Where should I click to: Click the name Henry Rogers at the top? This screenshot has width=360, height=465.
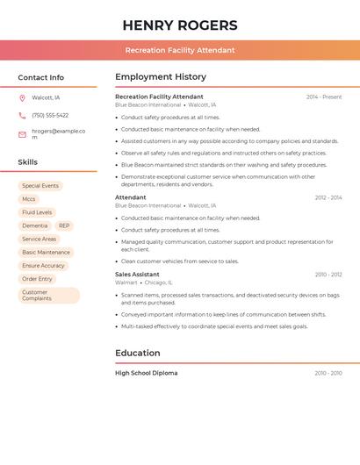pos(180,25)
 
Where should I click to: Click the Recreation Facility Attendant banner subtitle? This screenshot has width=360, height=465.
pos(180,50)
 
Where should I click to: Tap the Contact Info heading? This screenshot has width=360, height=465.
pos(41,77)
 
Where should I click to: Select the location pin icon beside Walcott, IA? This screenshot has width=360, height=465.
pos(22,97)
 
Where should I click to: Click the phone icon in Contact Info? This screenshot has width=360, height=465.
pos(22,115)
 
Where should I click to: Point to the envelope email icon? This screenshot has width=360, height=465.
pos(22,134)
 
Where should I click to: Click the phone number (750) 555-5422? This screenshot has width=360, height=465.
pos(50,115)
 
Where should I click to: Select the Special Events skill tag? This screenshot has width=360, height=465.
pos(40,186)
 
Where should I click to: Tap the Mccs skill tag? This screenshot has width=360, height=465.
pos(29,199)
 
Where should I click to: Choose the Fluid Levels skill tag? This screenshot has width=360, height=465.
pos(37,212)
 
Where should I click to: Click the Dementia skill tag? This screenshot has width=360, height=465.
pos(35,225)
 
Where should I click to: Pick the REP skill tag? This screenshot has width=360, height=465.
pos(64,225)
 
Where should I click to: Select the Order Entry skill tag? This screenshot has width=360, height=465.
pos(38,279)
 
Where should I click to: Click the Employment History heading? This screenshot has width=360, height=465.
pos(161,77)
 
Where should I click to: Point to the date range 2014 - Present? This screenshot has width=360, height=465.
pos(324,97)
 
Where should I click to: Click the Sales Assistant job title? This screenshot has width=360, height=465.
pos(137,275)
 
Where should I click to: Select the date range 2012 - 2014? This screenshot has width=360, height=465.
pos(328,197)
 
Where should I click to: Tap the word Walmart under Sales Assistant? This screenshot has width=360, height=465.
pos(126,283)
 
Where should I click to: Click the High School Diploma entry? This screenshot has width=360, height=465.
pos(146,373)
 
